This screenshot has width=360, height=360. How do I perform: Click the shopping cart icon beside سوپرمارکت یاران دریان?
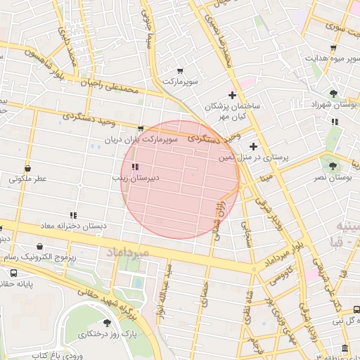(x=141, y=129)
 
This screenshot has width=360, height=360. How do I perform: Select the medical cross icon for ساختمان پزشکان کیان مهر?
(x=232, y=95)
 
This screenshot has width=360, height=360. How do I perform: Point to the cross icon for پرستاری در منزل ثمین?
(x=253, y=146)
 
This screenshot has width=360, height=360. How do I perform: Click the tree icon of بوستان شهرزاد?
(x=333, y=92)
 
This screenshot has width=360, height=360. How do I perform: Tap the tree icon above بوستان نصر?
(x=333, y=166)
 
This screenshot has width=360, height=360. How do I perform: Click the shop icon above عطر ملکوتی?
(x=27, y=169)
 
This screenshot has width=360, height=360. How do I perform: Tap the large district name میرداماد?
(x=127, y=251)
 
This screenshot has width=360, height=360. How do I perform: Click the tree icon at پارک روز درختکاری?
(x=107, y=323)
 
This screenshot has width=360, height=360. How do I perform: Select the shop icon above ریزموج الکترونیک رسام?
(x=39, y=247)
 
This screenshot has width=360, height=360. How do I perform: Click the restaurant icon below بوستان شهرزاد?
(x=335, y=121)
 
